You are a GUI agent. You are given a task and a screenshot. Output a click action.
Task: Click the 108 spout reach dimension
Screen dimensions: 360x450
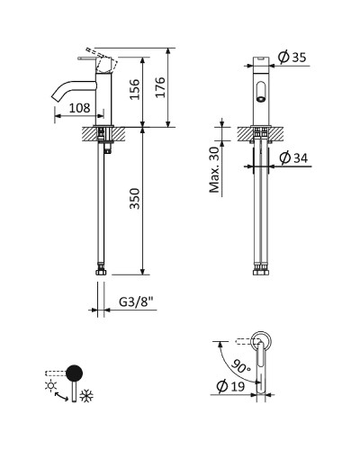[x=79, y=108]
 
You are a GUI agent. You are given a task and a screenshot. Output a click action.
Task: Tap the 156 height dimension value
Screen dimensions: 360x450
[x=134, y=89]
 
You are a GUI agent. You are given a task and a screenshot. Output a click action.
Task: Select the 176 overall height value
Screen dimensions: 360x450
[x=160, y=87]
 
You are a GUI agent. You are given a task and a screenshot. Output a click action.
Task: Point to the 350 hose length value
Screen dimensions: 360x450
[x=134, y=198]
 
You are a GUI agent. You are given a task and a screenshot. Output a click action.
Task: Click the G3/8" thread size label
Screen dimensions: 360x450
[x=138, y=301]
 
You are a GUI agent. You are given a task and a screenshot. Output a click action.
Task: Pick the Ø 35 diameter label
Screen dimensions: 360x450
[x=292, y=57]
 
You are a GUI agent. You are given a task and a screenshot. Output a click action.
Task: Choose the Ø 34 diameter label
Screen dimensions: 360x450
[x=293, y=157]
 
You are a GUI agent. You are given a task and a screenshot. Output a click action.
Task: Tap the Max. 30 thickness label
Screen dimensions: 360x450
[x=215, y=169]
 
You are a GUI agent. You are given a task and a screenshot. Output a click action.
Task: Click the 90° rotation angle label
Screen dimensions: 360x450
[x=241, y=366]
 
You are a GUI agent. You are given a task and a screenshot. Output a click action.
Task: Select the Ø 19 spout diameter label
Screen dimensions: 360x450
[x=230, y=386]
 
